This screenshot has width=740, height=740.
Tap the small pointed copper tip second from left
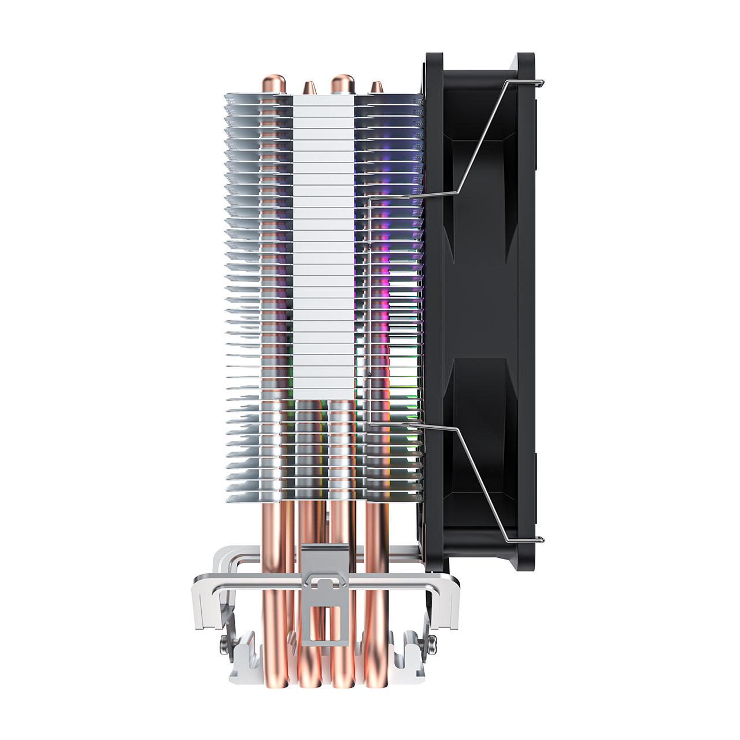tap(306, 87)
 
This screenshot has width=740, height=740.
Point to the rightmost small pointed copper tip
tap(376, 87)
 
